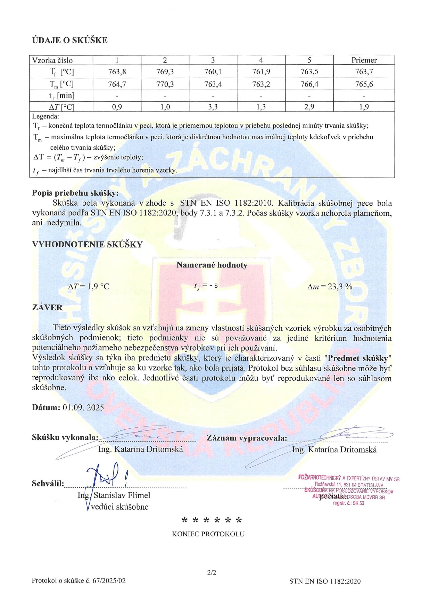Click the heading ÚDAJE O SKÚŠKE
70,40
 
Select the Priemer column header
364,60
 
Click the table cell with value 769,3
165,72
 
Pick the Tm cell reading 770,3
165,84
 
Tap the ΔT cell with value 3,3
213,107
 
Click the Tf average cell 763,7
364,72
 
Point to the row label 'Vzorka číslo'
52,60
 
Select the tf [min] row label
61,96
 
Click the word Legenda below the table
46,116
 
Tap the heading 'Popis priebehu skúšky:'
75,193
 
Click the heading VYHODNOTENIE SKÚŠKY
87,244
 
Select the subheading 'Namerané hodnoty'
212,265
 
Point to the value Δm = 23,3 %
330,287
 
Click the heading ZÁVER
47,307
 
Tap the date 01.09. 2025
83,408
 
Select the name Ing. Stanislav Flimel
114,495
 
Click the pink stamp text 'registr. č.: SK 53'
348,503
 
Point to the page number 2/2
212,573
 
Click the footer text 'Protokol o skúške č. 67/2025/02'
79,581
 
